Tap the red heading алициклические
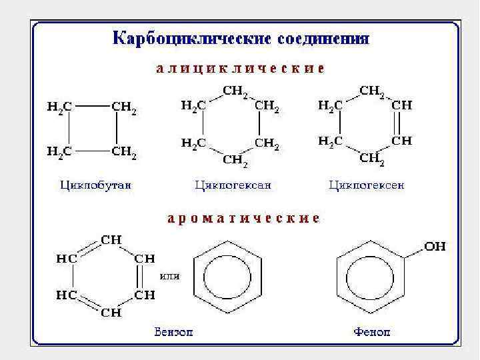pos(240,68)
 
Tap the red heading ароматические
pos(243,218)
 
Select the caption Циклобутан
pos(95,184)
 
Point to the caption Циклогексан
pos(233,185)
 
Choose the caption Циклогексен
pos(366,185)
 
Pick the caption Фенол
pos(373,331)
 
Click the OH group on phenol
pos(435,247)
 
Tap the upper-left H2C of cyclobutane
pos(59,107)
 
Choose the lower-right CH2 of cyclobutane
pos(124,152)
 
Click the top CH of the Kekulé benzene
pos(111,239)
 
